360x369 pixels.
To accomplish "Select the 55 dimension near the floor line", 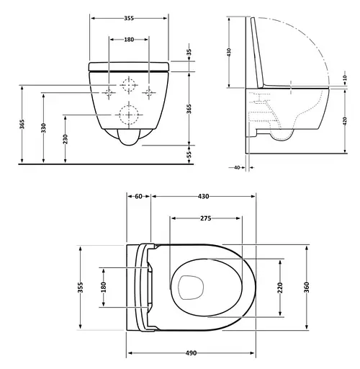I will pos(189,154).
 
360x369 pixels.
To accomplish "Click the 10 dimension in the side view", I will pos(344,79).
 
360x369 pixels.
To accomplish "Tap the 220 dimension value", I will pos(280,287).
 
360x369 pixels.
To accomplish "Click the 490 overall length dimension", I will pos(191,353).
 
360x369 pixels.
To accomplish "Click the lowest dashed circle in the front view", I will pos(129,114).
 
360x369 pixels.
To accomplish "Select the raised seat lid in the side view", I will pos(256,50).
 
